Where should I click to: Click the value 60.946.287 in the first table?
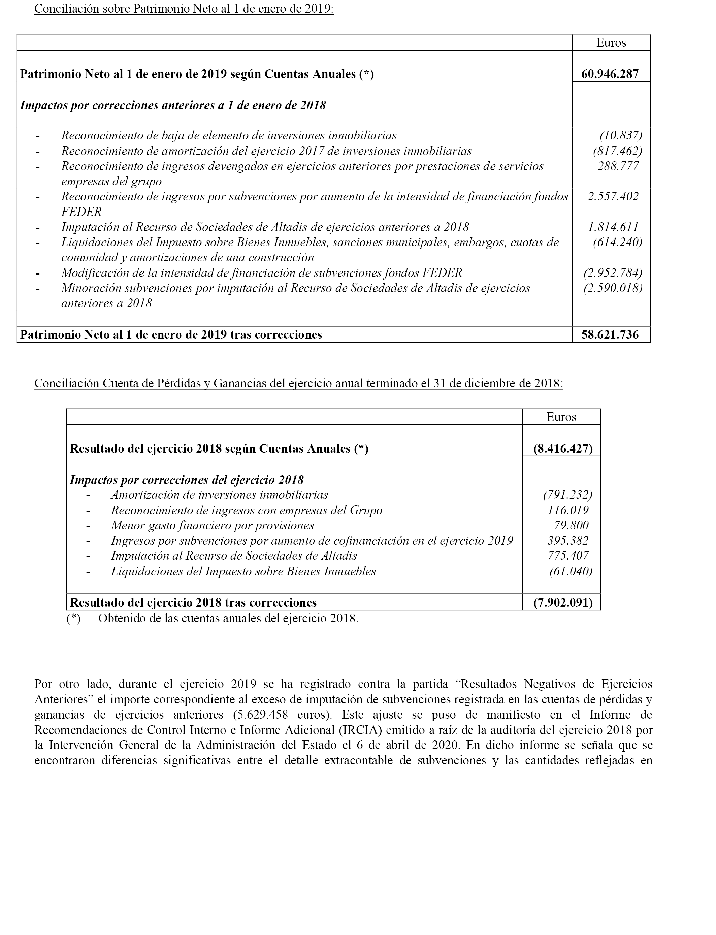(610, 74)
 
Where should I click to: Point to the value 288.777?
(618, 166)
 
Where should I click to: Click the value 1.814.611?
(613, 227)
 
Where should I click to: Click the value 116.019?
(568, 510)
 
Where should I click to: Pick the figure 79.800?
(571, 525)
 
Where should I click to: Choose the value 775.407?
(568, 556)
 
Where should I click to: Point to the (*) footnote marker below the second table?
(73, 618)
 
